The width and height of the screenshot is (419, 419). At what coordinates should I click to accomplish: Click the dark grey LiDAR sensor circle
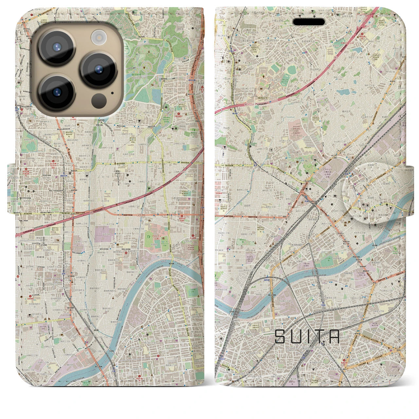(98, 100)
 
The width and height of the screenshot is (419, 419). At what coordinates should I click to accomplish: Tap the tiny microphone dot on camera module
(113, 93)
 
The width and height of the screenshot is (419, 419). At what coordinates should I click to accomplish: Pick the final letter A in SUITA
(334, 337)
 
